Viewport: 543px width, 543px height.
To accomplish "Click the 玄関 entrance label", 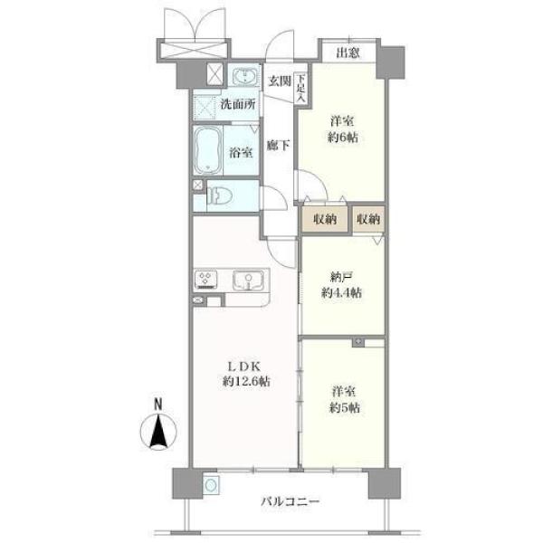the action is point(280,81).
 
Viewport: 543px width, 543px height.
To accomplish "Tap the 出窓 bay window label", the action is point(348,52).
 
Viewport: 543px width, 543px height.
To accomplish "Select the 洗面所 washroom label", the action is point(238,104).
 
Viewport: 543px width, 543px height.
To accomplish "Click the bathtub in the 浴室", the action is point(208,150).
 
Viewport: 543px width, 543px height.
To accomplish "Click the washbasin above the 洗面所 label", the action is point(245,75).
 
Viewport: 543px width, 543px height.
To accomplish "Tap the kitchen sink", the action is point(248,281).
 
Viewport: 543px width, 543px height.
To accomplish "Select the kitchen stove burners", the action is point(206,280).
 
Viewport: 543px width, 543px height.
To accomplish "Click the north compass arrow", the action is point(158,432).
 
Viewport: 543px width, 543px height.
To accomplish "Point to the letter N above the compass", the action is point(157,405).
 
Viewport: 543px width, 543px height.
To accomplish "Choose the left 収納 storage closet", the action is point(325,219).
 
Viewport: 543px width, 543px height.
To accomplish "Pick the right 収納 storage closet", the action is point(369,219).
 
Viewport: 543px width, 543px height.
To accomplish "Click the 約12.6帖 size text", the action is point(246,382).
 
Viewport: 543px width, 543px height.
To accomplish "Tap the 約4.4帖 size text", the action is point(341,293).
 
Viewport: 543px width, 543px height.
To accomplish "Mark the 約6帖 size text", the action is point(343,138).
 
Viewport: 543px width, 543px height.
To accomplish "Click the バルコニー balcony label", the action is point(290,501).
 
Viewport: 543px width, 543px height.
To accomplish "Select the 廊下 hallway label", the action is point(278,146).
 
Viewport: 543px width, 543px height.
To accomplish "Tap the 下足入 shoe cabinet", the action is point(300,88).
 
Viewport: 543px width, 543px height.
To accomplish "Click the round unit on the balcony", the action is point(211,485).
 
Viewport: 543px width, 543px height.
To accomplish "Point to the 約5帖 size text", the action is point(345,408).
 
